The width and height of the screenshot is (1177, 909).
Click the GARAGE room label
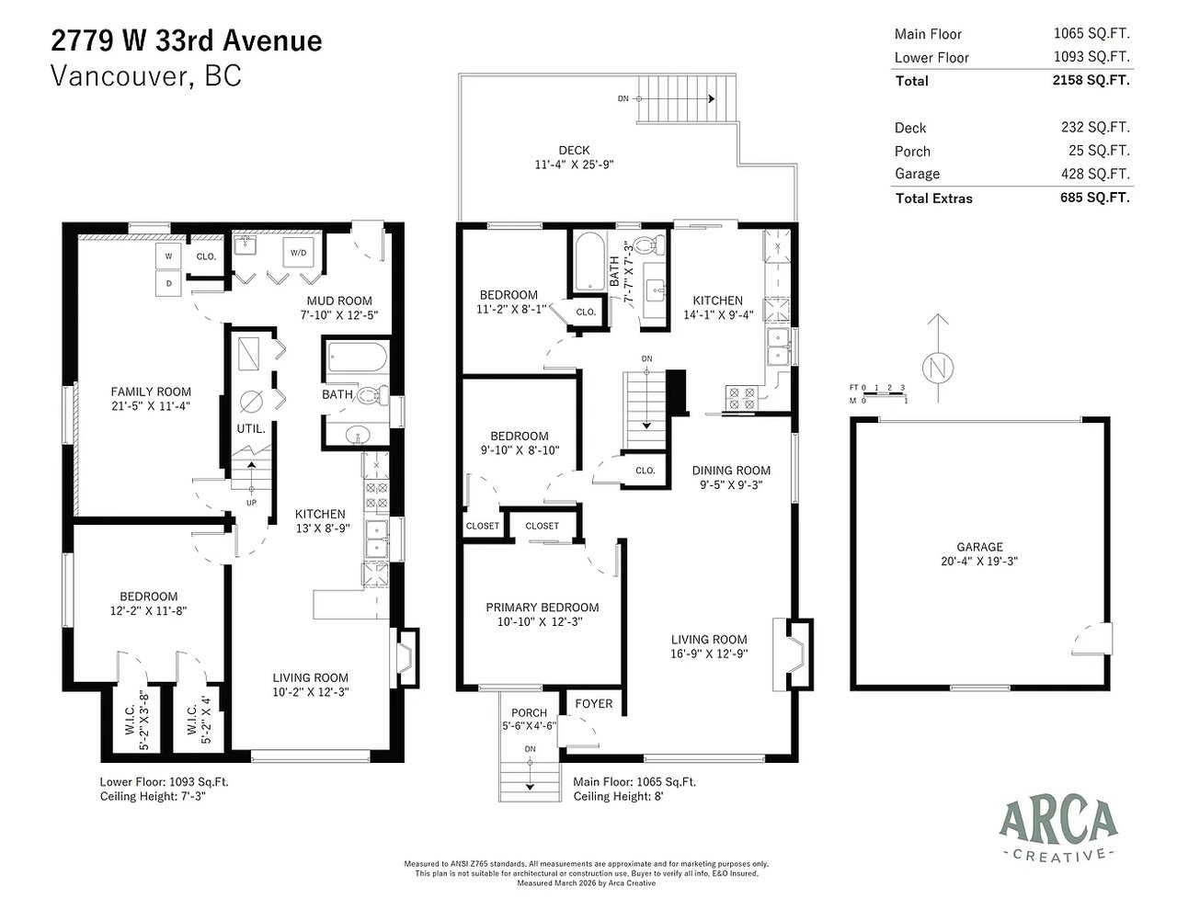point(979,547)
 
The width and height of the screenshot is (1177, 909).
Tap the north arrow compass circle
point(938,369)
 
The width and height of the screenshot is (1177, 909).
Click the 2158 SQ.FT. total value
point(1091,80)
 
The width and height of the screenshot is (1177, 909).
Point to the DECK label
point(574,151)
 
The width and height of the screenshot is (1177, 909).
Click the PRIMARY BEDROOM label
point(543,608)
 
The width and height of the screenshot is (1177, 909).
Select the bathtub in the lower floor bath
point(358,358)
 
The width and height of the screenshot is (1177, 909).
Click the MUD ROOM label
point(339,301)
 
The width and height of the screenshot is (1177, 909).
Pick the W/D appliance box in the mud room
point(299,253)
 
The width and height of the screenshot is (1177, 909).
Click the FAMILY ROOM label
point(151,392)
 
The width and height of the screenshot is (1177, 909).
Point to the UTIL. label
point(251,429)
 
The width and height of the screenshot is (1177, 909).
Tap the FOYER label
point(594,704)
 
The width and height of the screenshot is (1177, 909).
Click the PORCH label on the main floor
point(529,713)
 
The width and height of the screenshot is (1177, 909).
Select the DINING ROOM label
point(731,471)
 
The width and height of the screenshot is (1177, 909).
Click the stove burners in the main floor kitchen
point(741,398)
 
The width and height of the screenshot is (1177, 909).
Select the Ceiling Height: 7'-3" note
point(154,796)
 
